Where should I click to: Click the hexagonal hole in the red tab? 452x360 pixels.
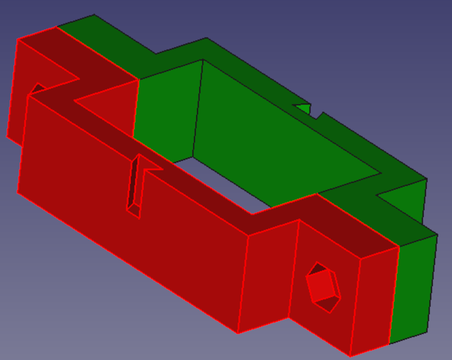pyautogui.click(x=324, y=287)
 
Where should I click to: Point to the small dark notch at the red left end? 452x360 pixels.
pyautogui.click(x=37, y=88)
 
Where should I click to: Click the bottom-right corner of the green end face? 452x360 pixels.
pyautogui.click(x=427, y=332)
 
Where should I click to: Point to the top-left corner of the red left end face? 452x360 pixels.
pyautogui.click(x=18, y=39)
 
